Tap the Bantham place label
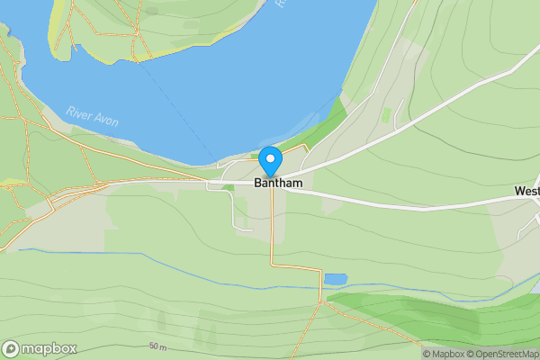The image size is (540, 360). [x=278, y=183]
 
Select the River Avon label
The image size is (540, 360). [x=93, y=117]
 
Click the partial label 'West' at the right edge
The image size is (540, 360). [x=527, y=191]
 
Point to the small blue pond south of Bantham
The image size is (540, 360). [x=334, y=279]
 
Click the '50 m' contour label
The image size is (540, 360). [x=158, y=346]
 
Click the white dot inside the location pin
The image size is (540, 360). [x=270, y=158]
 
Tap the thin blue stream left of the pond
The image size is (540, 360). [x=180, y=265]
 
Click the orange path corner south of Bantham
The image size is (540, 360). [x=272, y=265]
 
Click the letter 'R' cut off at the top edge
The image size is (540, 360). [x=281, y=4]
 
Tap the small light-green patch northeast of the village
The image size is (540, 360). [x=387, y=115]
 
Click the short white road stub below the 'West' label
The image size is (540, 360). [x=525, y=230]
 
